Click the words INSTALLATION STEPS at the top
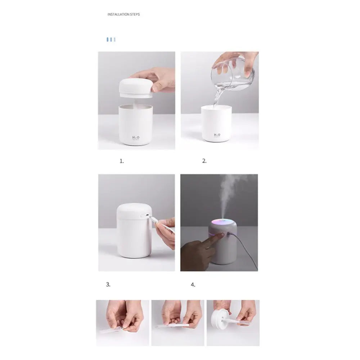pyautogui.click(x=123, y=14)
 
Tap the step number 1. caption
pyautogui.click(x=122, y=161)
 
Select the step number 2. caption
pyautogui.click(x=204, y=161)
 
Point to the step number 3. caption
pyautogui.click(x=108, y=284)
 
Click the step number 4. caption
pyautogui.click(x=193, y=285)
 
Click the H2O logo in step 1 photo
pyautogui.click(x=136, y=138)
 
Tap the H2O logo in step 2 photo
pyautogui.click(x=217, y=135)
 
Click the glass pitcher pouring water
pyautogui.click(x=234, y=74)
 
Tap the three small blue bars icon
pyautogui.click(x=111, y=39)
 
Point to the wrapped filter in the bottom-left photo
pyautogui.click(x=112, y=329)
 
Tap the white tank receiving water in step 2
pyautogui.click(x=216, y=124)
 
